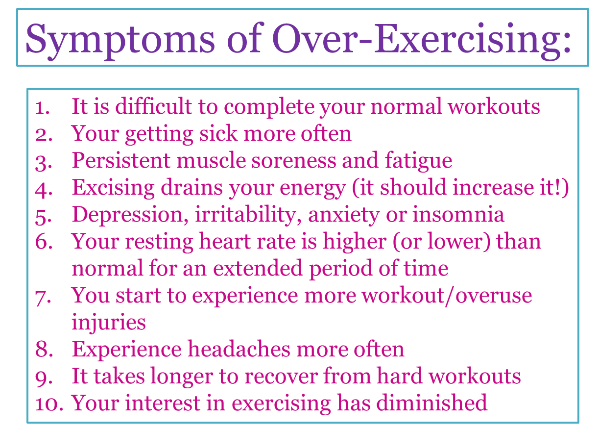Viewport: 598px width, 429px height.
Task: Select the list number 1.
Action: [44, 107]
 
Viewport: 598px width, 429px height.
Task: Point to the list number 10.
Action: [49, 403]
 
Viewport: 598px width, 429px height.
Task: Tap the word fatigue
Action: [418, 160]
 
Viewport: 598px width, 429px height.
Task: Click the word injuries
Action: [108, 323]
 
